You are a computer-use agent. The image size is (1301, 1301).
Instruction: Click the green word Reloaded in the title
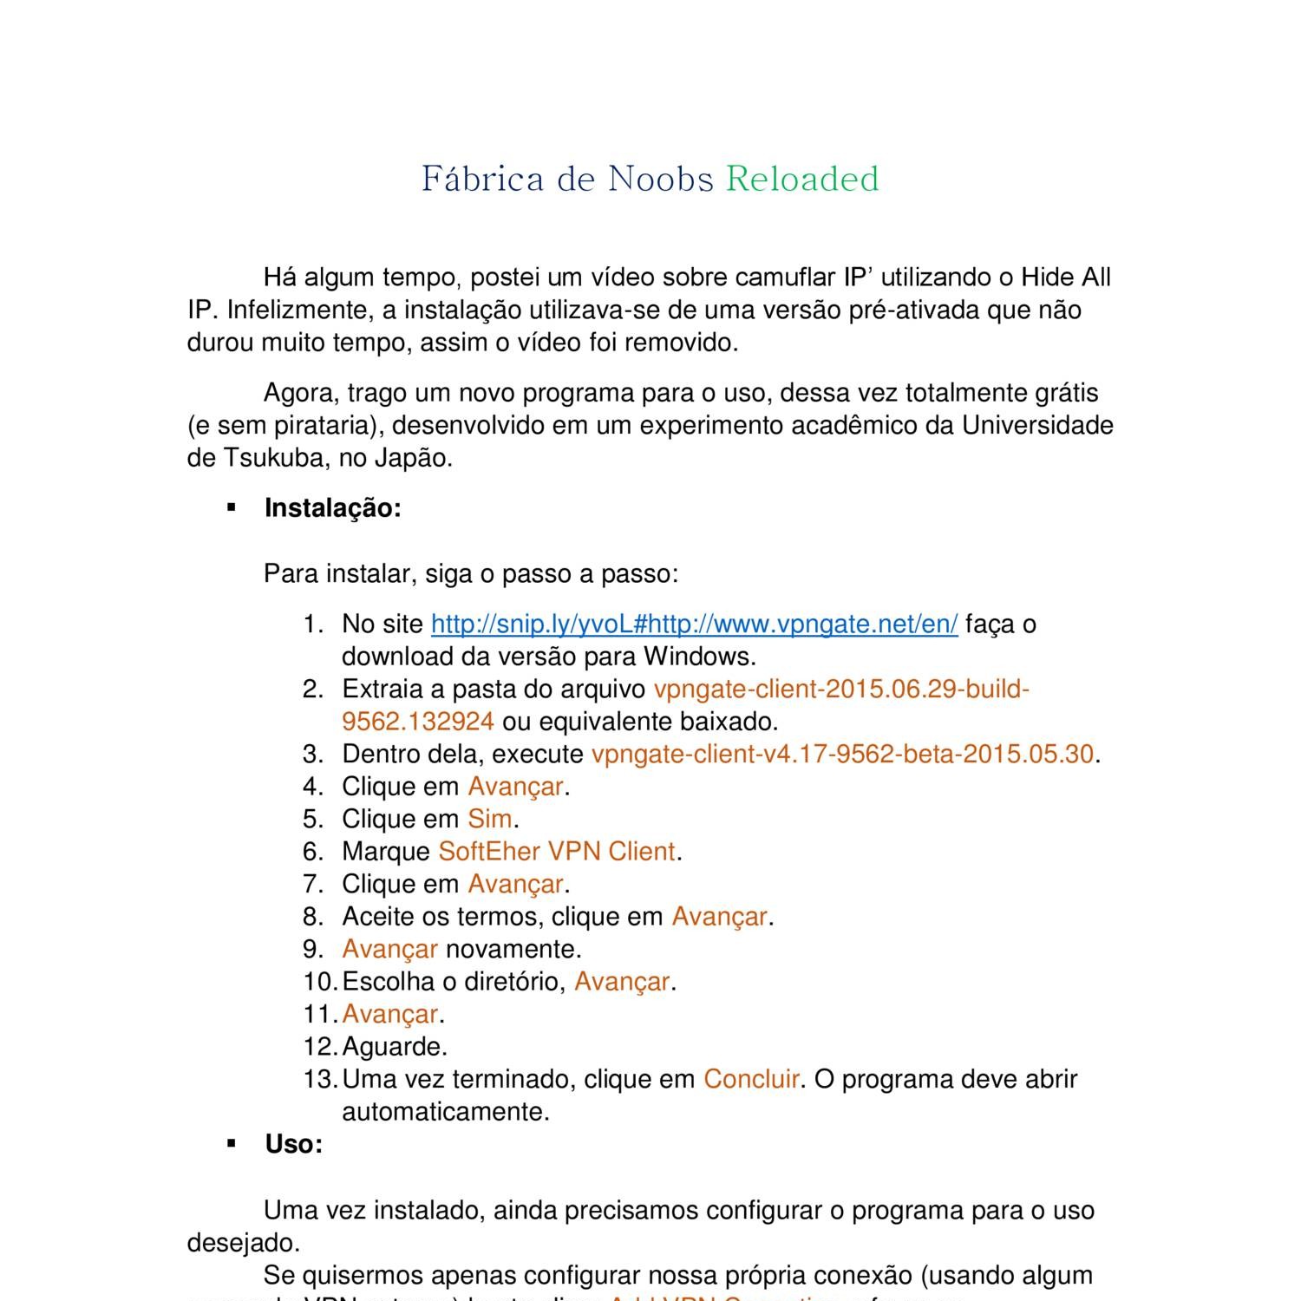(802, 179)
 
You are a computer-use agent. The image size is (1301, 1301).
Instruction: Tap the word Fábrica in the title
(483, 179)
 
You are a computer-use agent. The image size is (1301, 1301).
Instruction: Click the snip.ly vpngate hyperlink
(694, 624)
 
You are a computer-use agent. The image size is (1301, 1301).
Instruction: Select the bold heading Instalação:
(333, 508)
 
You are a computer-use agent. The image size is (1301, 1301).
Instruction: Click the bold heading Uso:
(294, 1145)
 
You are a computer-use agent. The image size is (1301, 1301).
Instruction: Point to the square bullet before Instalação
(232, 508)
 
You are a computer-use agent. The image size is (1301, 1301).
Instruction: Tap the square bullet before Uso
(232, 1145)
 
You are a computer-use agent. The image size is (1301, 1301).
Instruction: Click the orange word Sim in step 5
(490, 820)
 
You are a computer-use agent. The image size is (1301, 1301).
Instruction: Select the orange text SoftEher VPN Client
(557, 852)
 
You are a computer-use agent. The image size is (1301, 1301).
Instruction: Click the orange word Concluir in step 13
(751, 1080)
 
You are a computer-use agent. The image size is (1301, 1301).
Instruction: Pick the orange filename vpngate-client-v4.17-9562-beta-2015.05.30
(842, 755)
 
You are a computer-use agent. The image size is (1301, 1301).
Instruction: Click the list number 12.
(319, 1047)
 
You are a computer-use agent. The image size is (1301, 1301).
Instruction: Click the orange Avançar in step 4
(516, 787)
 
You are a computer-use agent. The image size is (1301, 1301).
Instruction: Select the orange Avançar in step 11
(390, 1014)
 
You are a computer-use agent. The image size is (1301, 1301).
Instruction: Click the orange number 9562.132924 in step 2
(418, 722)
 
